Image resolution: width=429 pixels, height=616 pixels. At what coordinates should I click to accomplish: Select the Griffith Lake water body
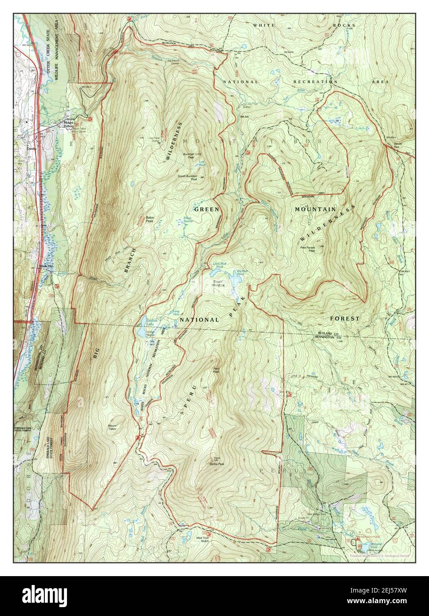(x=141, y=331)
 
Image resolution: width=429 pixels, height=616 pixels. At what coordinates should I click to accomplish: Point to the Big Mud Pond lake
(x=232, y=281)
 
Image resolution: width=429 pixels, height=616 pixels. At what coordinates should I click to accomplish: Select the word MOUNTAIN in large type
(x=314, y=208)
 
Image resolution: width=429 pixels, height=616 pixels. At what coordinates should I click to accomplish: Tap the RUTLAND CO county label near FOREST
(x=328, y=333)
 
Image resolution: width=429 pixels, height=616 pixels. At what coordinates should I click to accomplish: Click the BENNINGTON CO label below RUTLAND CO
(x=328, y=337)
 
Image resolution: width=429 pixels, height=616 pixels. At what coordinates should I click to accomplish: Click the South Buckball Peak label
(x=187, y=178)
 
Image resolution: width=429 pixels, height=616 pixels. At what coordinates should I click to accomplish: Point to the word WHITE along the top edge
(x=264, y=25)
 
